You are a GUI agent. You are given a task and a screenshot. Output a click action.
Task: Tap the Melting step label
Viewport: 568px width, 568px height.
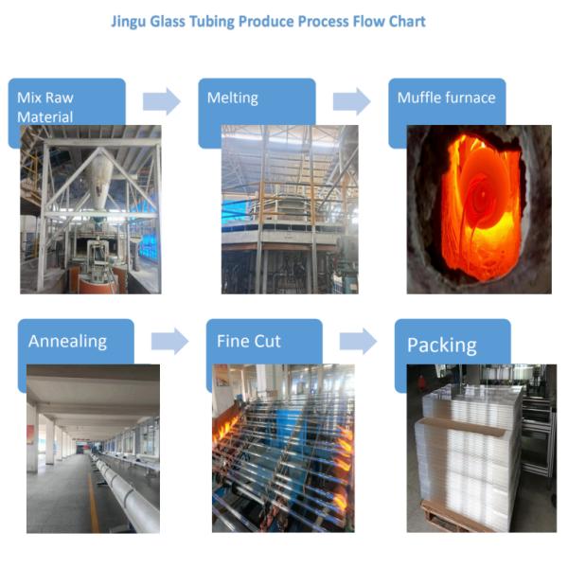tap(233, 98)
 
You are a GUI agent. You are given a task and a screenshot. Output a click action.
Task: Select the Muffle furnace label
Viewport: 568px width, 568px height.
tap(446, 98)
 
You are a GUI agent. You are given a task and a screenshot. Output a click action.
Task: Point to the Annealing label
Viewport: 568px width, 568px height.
tap(67, 342)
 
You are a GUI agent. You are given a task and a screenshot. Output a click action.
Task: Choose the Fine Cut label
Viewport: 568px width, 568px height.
tap(249, 341)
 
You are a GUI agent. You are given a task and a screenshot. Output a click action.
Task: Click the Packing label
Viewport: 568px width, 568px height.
tap(441, 345)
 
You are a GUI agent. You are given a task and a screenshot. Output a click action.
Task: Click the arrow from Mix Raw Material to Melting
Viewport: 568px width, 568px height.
tap(161, 101)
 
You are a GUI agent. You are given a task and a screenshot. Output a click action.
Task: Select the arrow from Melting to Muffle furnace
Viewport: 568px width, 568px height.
tap(351, 101)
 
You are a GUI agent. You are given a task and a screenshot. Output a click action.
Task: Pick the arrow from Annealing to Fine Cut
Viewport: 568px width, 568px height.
tap(169, 341)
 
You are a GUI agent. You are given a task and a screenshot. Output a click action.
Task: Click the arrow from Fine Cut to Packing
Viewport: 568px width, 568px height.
tap(358, 341)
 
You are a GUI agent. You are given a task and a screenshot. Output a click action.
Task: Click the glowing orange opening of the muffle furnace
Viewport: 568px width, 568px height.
tap(478, 204)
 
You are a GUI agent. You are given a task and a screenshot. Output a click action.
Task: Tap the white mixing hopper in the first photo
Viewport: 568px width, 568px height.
tap(101, 180)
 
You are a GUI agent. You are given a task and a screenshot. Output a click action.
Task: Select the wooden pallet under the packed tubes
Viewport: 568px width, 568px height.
tap(454, 519)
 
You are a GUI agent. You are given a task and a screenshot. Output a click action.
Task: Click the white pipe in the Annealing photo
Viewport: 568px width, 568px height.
tap(128, 492)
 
